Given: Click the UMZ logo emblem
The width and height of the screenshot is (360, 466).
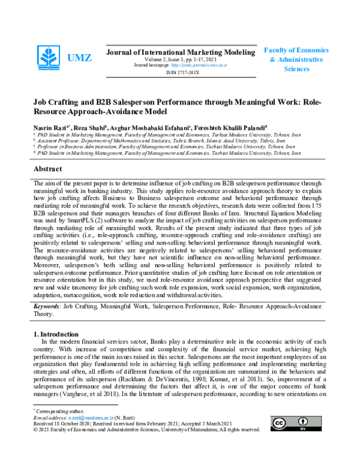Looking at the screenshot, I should [x=49, y=58].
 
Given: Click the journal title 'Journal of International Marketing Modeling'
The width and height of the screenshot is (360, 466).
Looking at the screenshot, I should [x=180, y=52].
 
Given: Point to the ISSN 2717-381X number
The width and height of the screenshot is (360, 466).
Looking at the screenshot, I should [x=180, y=71].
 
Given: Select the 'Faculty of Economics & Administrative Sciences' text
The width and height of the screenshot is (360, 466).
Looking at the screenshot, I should [x=296, y=59].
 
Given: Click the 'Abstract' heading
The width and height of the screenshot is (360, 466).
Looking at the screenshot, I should [x=48, y=170].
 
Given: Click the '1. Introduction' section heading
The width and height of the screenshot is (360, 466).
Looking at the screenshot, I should [x=55, y=334].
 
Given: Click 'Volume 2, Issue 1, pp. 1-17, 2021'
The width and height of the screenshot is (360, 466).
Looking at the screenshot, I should [x=180, y=59].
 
